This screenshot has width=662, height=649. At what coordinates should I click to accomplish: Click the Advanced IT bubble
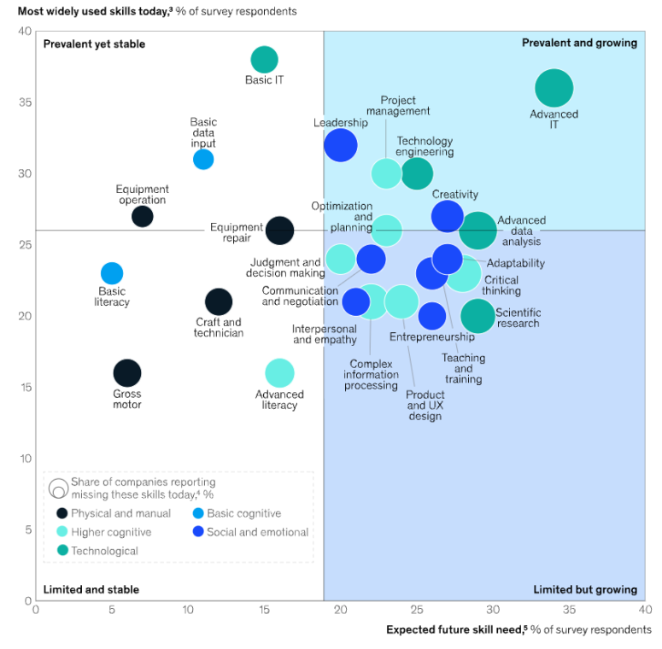point(554,88)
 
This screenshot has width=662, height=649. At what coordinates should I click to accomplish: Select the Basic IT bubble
point(264,60)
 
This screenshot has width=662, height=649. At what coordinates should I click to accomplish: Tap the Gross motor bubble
point(126,373)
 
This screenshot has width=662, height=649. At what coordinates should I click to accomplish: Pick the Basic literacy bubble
point(112,273)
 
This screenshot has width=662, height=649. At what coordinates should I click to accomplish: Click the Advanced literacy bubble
point(279,373)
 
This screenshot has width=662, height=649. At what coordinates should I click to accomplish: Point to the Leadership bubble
point(340,145)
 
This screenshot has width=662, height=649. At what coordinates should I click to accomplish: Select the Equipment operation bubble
point(143,216)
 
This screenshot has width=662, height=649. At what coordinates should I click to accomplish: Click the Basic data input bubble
point(203,159)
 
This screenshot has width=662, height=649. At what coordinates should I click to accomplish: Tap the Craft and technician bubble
point(219,301)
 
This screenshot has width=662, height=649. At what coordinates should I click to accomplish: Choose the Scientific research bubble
point(477,316)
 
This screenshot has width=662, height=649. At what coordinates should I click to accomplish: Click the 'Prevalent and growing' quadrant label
point(579,43)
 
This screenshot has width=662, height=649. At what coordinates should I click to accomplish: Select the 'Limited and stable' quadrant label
point(91,589)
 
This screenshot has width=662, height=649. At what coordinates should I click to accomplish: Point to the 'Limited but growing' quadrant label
point(585,589)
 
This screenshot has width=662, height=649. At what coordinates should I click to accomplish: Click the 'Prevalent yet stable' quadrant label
point(95,44)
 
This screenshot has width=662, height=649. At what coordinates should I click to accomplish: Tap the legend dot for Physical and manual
point(62,513)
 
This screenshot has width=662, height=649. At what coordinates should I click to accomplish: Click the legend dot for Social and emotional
point(198,532)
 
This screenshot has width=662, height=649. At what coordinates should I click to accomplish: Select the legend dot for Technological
point(62,551)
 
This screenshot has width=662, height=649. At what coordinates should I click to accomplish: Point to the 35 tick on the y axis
point(26,102)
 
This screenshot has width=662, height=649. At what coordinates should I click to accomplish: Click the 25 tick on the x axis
point(416,611)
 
